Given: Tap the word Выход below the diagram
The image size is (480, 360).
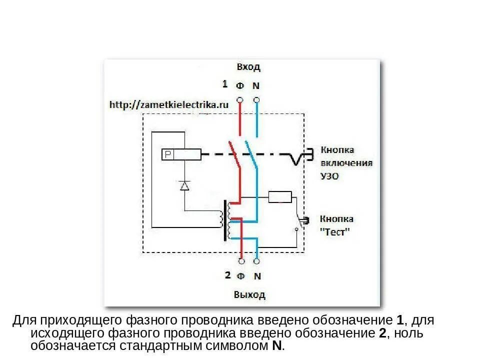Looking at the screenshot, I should tap(249, 294).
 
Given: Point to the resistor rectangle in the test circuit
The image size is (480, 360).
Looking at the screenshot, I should tap(280, 197).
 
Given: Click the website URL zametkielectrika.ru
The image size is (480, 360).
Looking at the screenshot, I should tap(168, 104).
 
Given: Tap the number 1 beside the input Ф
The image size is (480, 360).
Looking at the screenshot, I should tap(225, 83).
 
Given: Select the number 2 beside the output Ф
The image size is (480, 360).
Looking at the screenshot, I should tap(227, 274).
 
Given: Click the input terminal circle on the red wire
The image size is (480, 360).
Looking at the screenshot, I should tap(240, 100).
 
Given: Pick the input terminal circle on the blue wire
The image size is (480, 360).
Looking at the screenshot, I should tap(256, 100).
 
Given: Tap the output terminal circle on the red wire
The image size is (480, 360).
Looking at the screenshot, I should tap(241, 261).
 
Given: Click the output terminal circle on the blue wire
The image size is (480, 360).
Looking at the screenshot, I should tap(257, 261).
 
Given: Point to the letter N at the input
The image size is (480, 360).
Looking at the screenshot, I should tap(256, 85).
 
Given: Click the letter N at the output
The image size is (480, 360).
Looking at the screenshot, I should tap(257, 275).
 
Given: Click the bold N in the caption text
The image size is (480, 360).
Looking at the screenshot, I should tap(276, 345).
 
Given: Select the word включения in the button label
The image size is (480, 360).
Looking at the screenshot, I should tap(346, 163).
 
